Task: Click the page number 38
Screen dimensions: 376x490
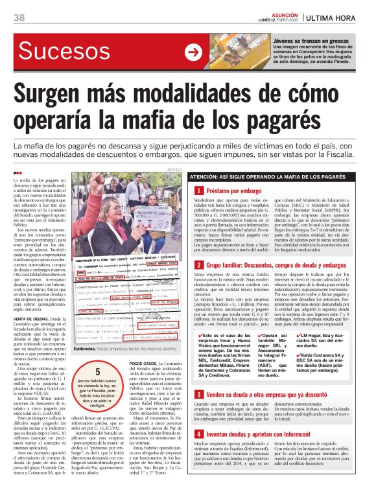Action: click(x=18, y=16)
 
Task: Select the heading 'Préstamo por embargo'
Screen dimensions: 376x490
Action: click(x=233, y=191)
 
